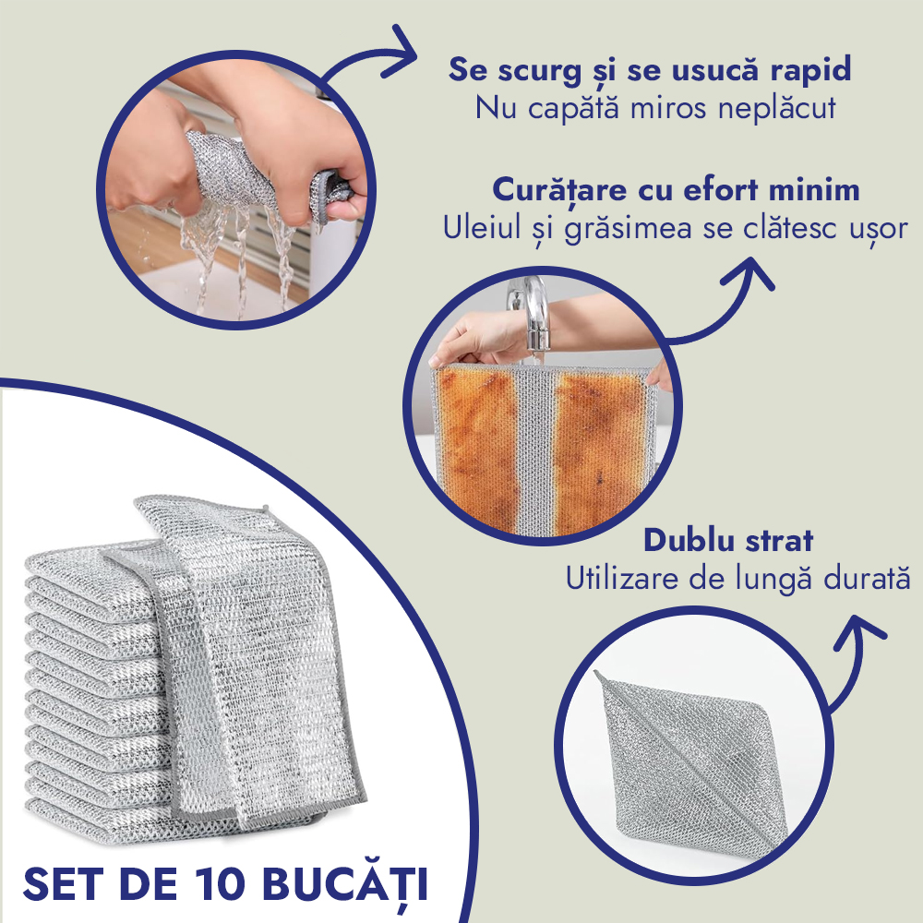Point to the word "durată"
(867, 579)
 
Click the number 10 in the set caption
(218, 883)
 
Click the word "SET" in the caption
(65, 883)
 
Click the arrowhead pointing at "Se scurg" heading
(398, 51)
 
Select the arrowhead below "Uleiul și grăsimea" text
(749, 273)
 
